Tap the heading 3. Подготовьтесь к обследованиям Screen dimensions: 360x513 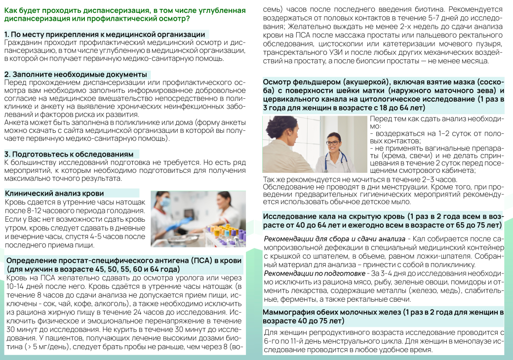tap(69, 154)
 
